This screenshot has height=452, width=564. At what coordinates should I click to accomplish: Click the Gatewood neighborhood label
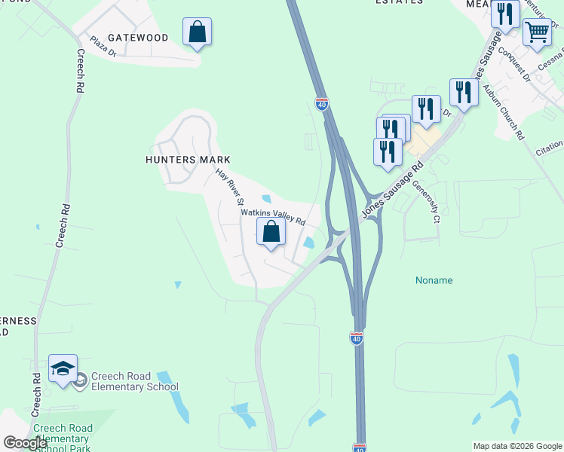click(x=138, y=37)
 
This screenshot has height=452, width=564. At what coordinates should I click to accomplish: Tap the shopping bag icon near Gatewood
click(x=197, y=32)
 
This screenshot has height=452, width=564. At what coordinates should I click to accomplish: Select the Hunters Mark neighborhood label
click(x=188, y=160)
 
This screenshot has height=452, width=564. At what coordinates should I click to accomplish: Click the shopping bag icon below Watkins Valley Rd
click(x=271, y=232)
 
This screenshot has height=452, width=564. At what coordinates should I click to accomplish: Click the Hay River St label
click(x=230, y=187)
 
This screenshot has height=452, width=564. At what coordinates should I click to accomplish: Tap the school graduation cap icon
click(x=63, y=368)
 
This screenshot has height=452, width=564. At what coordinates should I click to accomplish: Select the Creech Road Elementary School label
click(x=134, y=382)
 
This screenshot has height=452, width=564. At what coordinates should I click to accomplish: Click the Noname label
click(x=434, y=280)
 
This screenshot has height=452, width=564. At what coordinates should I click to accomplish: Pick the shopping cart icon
click(x=536, y=32)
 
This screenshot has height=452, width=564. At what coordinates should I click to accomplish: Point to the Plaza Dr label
click(x=103, y=47)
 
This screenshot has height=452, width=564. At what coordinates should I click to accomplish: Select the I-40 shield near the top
click(x=322, y=105)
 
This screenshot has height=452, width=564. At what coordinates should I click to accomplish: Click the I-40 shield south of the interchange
click(x=357, y=339)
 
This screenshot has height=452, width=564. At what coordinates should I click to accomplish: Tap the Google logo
click(x=24, y=443)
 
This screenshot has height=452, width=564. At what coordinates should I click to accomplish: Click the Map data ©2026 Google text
click(x=516, y=446)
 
